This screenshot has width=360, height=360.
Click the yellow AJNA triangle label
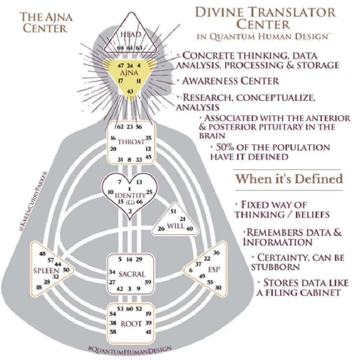coord(131,72)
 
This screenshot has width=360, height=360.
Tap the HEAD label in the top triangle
coord(130,35)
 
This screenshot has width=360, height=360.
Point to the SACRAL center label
coord(132,274)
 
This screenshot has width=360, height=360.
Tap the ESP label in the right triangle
coord(214,270)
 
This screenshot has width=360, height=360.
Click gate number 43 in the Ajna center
coord(130,91)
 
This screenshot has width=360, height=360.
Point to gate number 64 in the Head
coord(121,48)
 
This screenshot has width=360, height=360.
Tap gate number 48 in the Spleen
coord(43,254)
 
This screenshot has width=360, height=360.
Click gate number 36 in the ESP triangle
coord(216,253)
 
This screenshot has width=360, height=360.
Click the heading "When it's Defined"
coord(289,179)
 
